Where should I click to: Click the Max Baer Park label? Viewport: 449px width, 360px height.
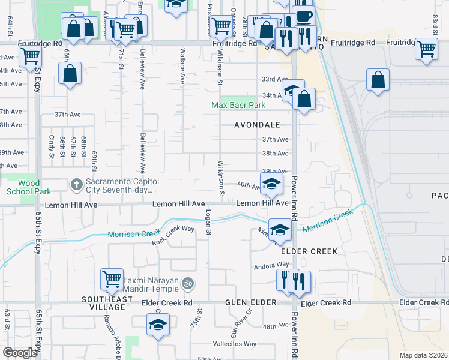[238, 106]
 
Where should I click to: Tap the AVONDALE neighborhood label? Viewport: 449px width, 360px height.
[258, 125]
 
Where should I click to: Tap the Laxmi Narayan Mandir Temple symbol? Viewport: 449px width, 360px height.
[188, 281]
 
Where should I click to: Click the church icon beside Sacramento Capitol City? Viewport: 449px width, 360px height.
[76, 184]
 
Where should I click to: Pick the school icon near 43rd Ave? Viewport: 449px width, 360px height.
[280, 229]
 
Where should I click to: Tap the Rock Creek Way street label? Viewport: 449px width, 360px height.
[173, 235]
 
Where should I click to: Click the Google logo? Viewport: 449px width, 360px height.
[20, 352]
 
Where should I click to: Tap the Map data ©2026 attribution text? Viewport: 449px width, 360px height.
[423, 355]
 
